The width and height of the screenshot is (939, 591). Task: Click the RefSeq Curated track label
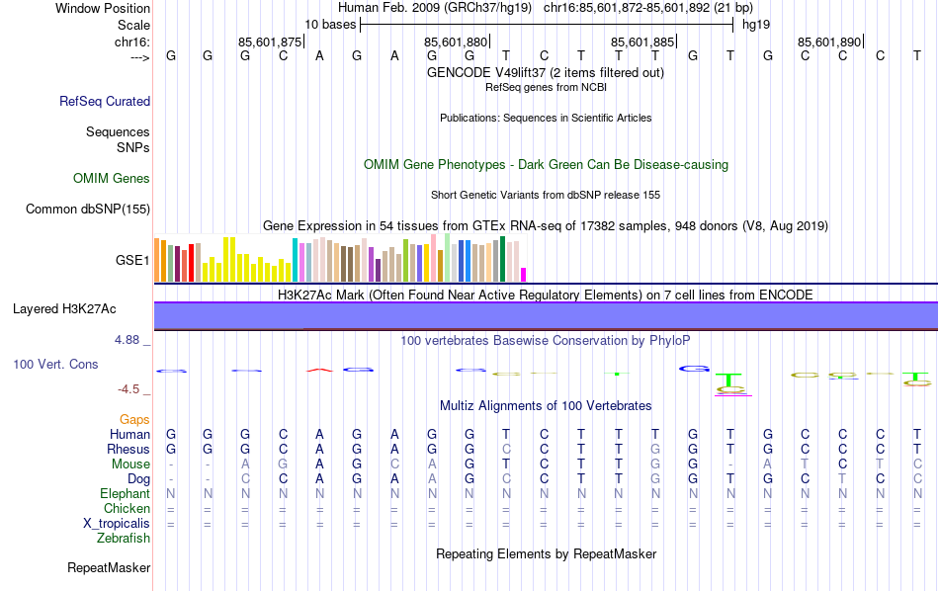click(105, 101)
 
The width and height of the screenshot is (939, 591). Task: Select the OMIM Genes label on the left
click(112, 179)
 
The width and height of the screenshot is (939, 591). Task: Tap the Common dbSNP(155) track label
click(88, 209)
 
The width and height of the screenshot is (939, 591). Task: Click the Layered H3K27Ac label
click(64, 309)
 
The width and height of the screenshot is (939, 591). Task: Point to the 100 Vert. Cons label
click(55, 365)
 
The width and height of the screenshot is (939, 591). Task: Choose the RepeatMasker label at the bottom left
click(109, 568)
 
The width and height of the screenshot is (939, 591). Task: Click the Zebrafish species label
click(124, 539)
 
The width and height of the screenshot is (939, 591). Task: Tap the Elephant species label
click(125, 493)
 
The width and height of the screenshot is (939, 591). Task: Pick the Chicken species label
click(127, 508)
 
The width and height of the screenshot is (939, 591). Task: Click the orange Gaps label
click(134, 420)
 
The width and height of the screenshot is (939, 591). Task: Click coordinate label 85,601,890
click(829, 42)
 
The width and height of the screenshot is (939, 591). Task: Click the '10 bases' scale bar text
click(330, 24)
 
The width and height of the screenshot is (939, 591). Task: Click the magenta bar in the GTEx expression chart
click(524, 275)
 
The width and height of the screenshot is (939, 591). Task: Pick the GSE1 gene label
click(132, 261)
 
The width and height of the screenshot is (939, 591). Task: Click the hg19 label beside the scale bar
click(756, 24)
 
